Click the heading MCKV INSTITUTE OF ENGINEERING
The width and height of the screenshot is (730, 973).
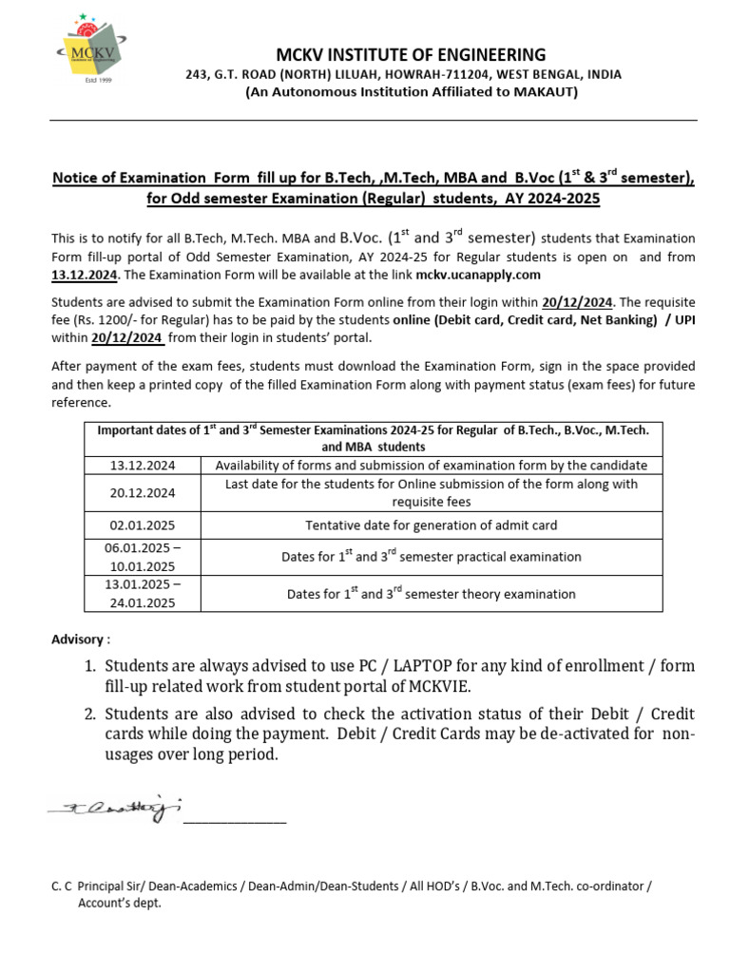(411, 54)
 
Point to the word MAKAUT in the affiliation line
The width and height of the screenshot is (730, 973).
(545, 92)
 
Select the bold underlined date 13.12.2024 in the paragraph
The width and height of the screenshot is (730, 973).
(84, 275)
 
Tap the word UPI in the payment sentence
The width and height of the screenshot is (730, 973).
(682, 320)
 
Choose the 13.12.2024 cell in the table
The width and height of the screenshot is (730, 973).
(143, 466)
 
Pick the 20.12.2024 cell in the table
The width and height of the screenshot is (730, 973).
(143, 493)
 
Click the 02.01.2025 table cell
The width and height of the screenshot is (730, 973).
(143, 525)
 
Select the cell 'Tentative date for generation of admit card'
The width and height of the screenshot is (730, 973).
(431, 525)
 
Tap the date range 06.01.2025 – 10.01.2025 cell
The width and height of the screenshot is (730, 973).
(143, 557)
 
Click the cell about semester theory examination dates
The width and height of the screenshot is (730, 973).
(431, 594)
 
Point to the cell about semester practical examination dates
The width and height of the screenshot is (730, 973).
(431, 557)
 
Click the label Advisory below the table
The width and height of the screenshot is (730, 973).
(81, 639)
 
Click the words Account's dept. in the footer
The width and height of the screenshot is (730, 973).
(119, 904)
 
